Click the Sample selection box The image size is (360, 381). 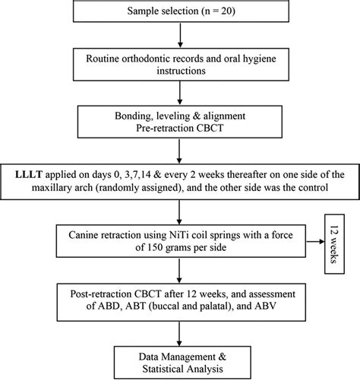click(x=179, y=14)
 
